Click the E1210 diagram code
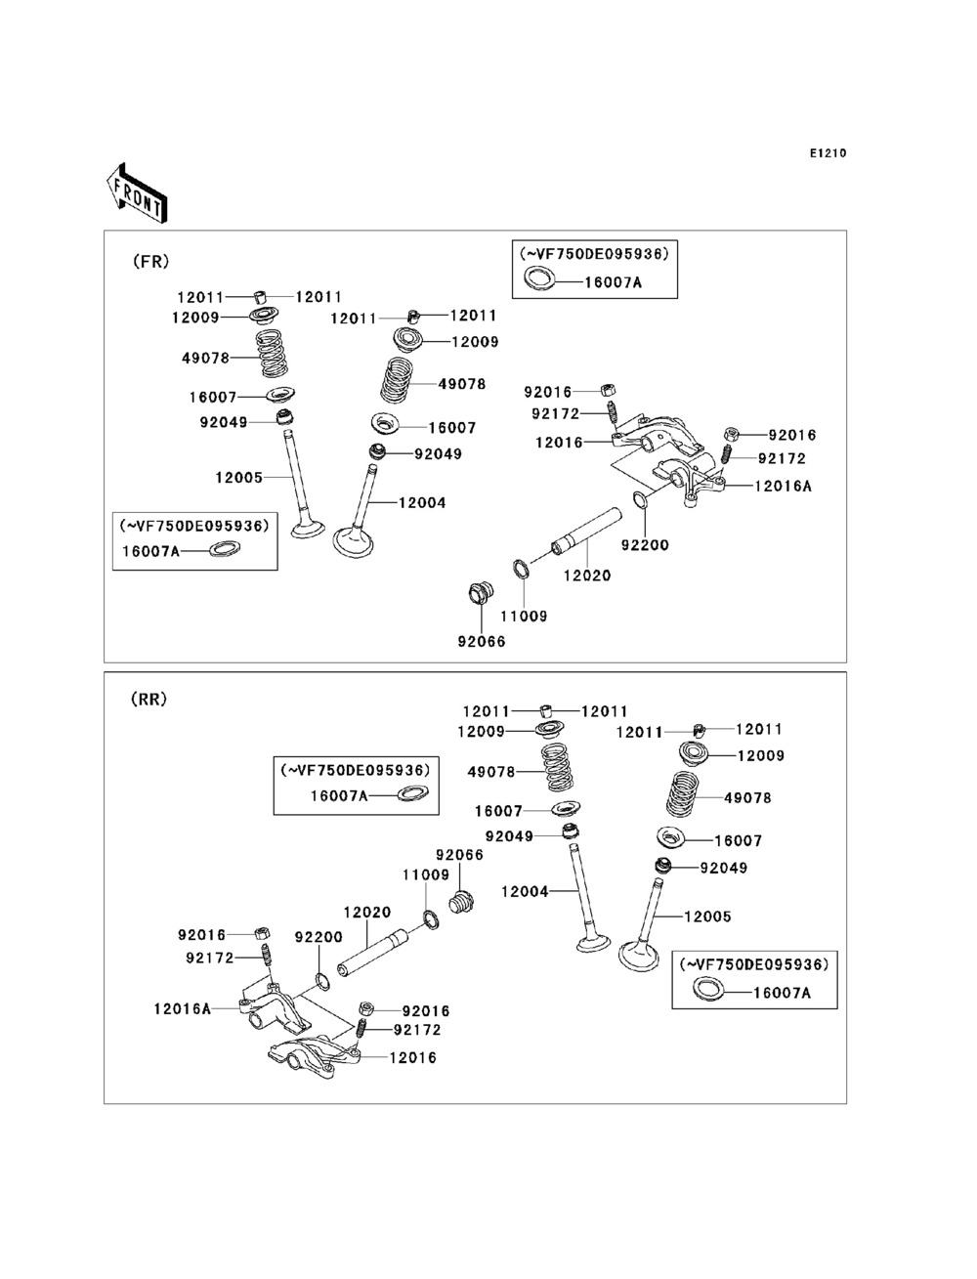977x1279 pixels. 827,153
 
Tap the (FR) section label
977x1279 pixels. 150,261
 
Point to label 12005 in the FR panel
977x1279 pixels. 238,477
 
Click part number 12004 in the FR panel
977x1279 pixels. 422,503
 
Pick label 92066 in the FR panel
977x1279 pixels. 482,642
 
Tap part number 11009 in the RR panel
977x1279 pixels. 426,875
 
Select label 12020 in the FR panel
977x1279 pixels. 587,576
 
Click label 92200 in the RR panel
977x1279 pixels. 319,937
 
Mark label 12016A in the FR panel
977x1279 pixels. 784,486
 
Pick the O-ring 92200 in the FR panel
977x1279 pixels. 640,500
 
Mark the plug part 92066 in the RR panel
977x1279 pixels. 460,898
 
